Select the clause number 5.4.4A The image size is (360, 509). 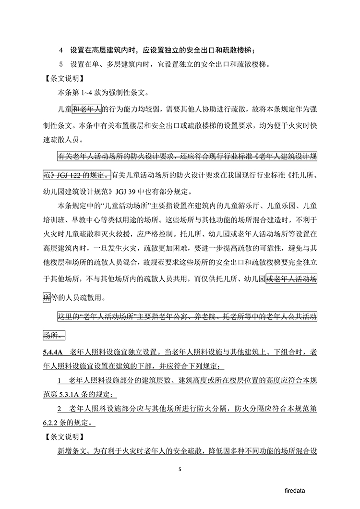[53, 353]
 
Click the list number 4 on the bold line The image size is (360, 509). [60, 50]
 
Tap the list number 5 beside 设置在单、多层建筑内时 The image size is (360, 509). [60, 64]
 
